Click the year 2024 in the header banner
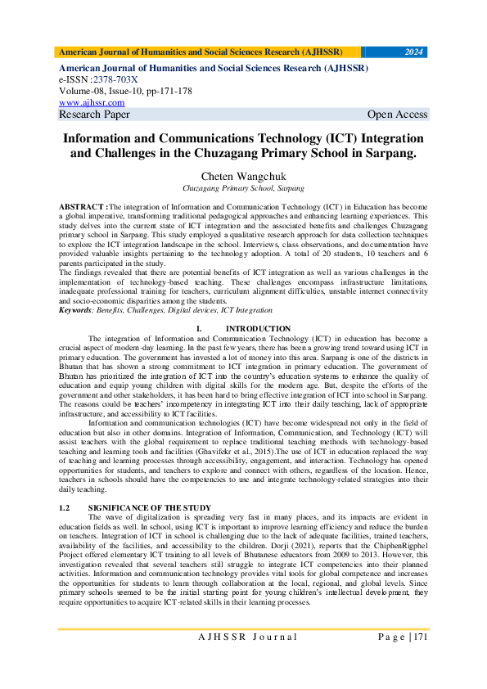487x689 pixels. coord(414,52)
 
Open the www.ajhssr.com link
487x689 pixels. coord(92,102)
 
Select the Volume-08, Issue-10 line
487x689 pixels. coord(125,91)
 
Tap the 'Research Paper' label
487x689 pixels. coord(94,115)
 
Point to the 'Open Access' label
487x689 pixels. coord(397,115)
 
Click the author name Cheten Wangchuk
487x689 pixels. coord(243,176)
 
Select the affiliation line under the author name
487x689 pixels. coord(243,187)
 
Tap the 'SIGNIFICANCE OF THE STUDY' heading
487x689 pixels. coord(150,508)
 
